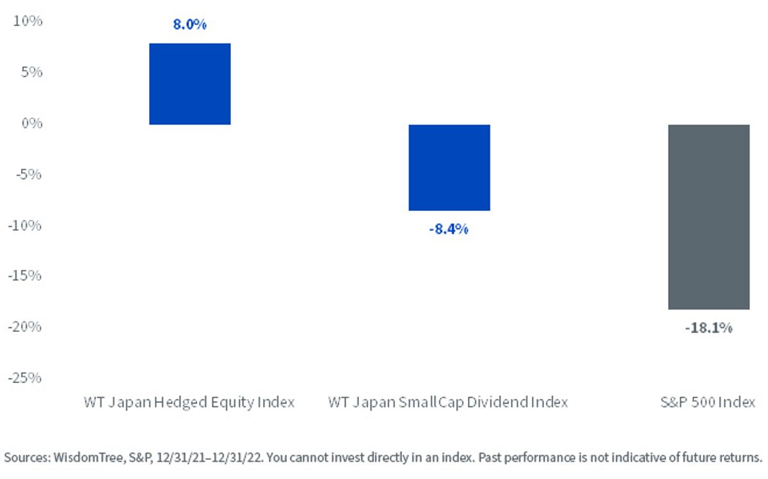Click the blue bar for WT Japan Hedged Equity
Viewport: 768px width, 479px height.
tap(190, 84)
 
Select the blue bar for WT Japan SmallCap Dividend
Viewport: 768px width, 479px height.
tap(449, 168)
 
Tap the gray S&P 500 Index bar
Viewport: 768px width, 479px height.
tap(708, 217)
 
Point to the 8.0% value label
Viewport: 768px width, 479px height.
tap(189, 24)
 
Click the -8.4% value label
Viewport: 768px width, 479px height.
tap(449, 229)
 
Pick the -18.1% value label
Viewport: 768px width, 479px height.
tap(708, 328)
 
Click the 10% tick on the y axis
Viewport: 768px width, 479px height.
tap(28, 21)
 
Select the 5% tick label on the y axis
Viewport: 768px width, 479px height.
tap(31, 72)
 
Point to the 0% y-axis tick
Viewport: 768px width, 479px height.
tap(32, 123)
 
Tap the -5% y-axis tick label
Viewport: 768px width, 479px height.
tap(28, 175)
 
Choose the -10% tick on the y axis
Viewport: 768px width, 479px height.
tap(25, 226)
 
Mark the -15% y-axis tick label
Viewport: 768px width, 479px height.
tap(25, 275)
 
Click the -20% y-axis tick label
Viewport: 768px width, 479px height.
tap(25, 327)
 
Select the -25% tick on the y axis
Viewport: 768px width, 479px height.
tap(25, 378)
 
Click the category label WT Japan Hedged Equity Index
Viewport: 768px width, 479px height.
tap(189, 402)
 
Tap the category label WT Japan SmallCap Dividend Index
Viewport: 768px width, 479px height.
tap(448, 402)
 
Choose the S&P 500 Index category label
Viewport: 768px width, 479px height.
tap(708, 402)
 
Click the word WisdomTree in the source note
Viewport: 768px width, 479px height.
tap(89, 457)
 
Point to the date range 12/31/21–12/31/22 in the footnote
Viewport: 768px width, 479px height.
tap(209, 458)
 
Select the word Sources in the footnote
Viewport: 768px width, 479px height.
tap(28, 457)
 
